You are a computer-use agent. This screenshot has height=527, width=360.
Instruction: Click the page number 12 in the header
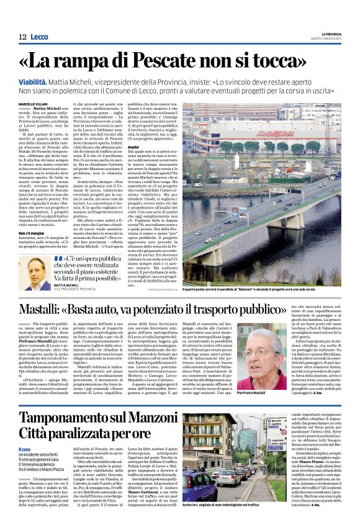22,37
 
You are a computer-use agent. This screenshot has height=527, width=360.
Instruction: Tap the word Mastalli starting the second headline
52,308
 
